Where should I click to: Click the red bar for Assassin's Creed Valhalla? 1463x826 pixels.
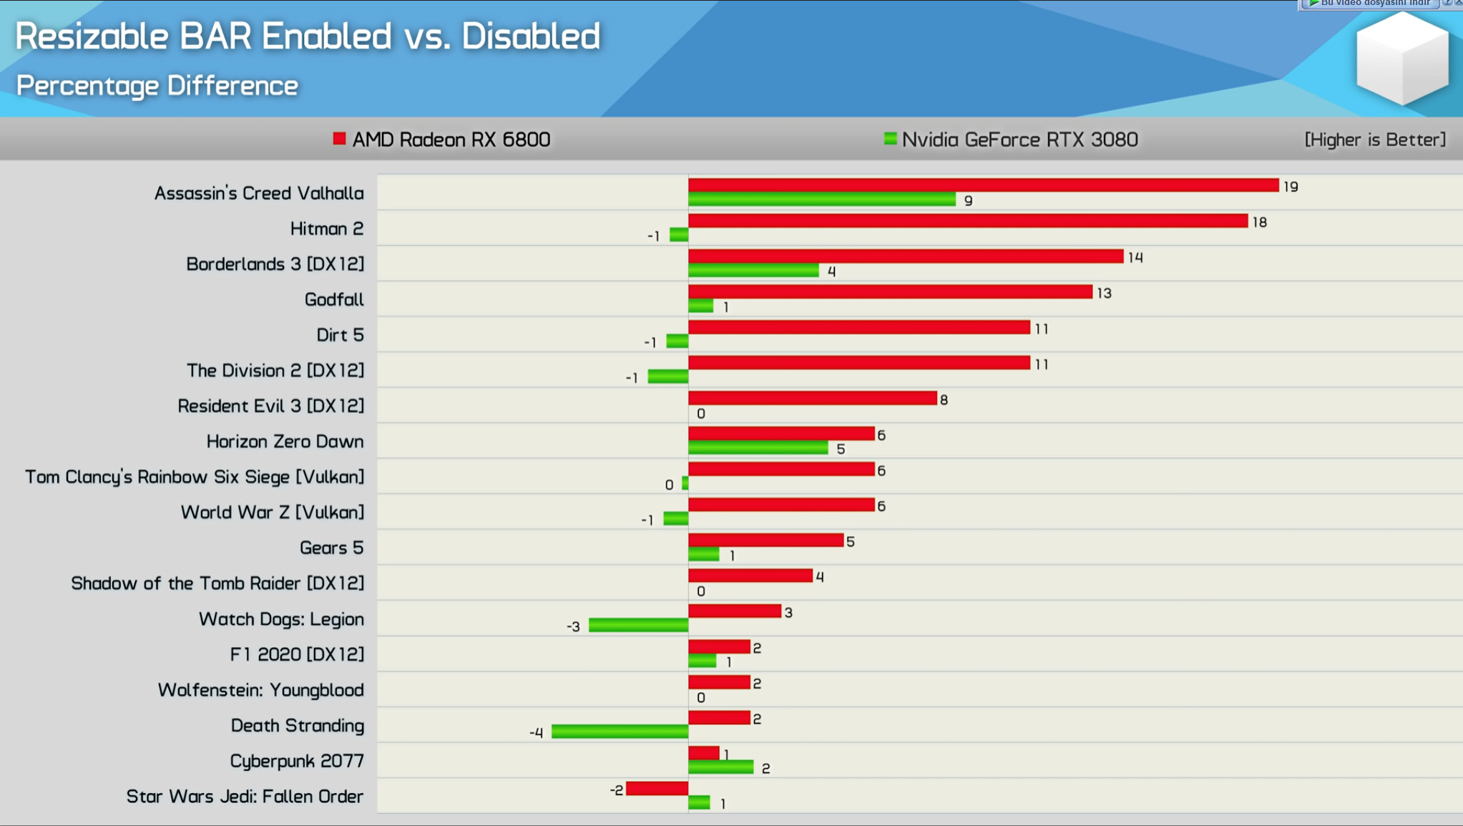(983, 185)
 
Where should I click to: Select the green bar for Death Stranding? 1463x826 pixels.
(620, 732)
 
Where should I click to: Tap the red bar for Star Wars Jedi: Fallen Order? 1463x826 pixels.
(657, 789)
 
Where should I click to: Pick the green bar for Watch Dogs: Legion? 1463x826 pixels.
(638, 626)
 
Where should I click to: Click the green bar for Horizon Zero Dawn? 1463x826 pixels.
(758, 448)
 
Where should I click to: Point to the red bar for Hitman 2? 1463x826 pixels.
(968, 221)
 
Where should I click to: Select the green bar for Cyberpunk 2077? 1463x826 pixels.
(720, 767)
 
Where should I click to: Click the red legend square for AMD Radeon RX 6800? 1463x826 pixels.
(339, 139)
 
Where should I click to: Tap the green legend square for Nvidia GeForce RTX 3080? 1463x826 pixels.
(890, 139)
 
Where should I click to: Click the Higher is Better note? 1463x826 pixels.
(1374, 140)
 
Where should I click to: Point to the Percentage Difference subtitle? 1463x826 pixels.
(157, 86)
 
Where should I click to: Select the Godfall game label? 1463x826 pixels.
(334, 299)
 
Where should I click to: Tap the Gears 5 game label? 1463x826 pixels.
(331, 548)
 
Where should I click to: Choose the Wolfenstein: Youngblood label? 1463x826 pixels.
(260, 690)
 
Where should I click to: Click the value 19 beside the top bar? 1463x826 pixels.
(1291, 187)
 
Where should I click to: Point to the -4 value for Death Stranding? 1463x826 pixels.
(537, 733)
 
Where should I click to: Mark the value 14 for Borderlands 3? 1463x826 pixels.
(1135, 258)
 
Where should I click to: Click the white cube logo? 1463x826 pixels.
(1401, 59)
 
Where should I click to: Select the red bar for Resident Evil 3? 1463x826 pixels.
(812, 398)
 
